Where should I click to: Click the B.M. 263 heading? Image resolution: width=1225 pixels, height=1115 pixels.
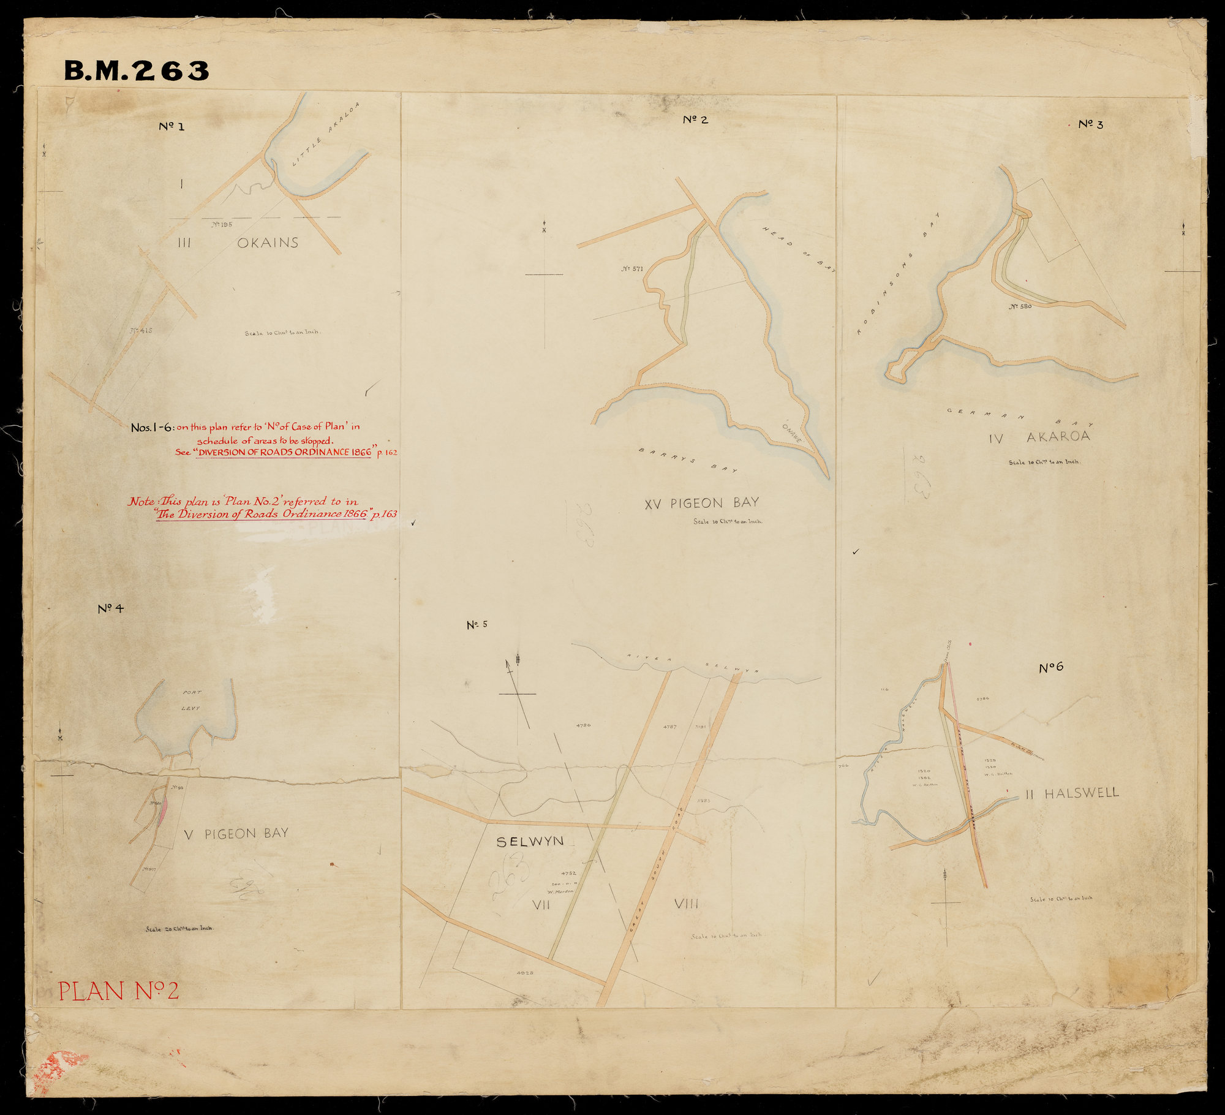coord(136,71)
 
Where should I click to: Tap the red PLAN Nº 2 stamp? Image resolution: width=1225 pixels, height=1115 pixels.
coord(118,991)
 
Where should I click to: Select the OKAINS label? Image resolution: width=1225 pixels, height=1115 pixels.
coord(268,243)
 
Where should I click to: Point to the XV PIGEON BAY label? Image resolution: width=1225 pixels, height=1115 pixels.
coord(701,503)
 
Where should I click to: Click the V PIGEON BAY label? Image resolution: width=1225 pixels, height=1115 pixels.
coord(236,833)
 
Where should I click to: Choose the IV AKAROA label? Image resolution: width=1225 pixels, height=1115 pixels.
coord(1039,437)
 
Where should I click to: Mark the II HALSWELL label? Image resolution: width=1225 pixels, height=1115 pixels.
coord(1072,793)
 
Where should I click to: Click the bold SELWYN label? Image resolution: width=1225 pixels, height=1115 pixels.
coord(530,841)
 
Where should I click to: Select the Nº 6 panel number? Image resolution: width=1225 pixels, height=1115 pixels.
coord(1050,668)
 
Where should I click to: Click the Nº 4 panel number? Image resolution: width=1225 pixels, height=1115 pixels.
coord(111,609)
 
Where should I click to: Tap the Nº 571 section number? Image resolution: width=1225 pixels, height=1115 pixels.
coord(631,268)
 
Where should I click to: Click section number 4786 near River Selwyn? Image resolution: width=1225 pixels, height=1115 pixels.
coord(583,725)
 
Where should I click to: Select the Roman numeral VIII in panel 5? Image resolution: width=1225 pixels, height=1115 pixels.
coord(686,904)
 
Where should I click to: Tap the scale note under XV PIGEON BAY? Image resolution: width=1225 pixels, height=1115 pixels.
coord(728,522)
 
